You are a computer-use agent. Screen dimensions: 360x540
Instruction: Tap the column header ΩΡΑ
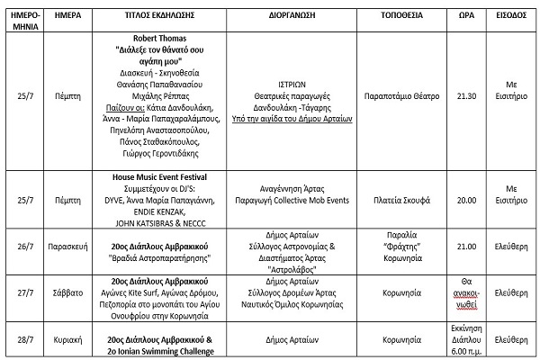(466, 16)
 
